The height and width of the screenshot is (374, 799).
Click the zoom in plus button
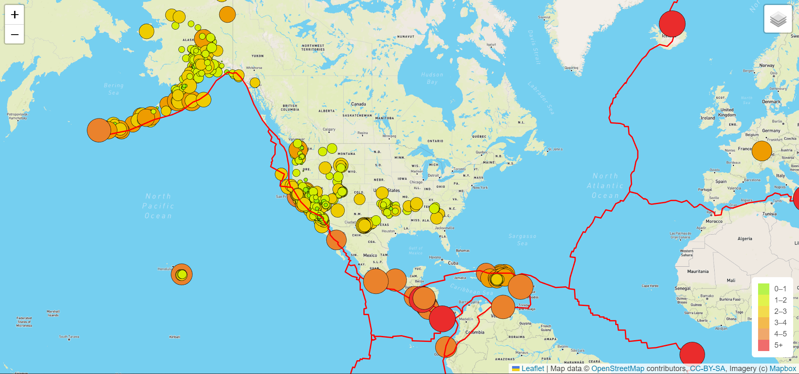(15, 15)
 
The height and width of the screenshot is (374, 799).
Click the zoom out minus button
(15, 34)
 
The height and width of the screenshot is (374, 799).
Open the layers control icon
(778, 19)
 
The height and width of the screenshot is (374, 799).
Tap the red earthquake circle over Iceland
(672, 24)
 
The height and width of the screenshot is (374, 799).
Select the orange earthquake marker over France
(761, 151)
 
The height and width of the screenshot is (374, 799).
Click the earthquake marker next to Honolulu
(182, 274)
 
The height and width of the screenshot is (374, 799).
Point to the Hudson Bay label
(432, 78)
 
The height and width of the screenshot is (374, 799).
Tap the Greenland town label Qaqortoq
(571, 68)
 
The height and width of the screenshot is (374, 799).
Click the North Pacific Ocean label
(158, 206)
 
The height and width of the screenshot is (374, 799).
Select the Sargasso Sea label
(522, 239)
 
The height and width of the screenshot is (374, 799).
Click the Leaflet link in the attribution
(533, 369)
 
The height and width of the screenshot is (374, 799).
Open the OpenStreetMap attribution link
(617, 369)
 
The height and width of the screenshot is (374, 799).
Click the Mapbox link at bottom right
(782, 369)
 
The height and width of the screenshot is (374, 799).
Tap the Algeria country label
(745, 239)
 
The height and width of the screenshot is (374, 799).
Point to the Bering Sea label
(114, 89)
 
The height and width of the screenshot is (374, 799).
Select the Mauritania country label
(698, 271)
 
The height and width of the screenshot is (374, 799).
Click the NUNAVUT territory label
(406, 37)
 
